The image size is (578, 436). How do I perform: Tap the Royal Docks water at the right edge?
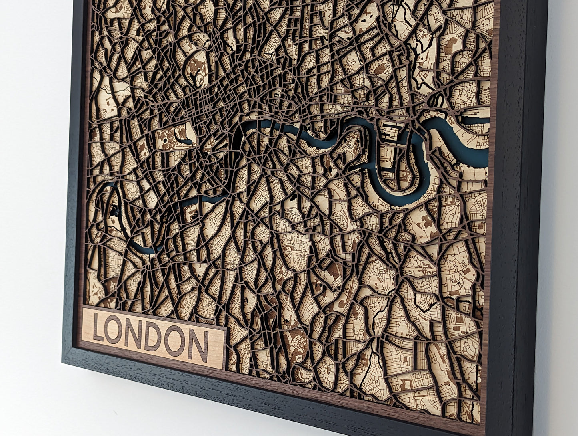(x=476, y=120)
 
